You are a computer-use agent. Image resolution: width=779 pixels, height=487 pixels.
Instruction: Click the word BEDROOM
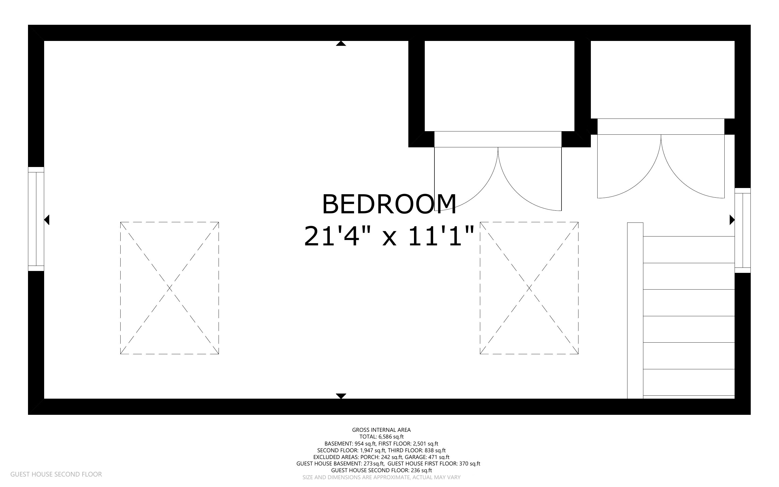coord(389,204)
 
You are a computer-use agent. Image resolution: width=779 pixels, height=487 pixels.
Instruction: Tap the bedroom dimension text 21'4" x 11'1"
coord(389,236)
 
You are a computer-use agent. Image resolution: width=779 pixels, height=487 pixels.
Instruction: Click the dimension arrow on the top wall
coord(341,43)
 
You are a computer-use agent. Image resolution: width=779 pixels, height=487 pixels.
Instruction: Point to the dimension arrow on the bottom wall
coord(341,396)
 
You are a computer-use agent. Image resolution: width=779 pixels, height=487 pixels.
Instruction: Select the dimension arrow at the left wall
coord(46,220)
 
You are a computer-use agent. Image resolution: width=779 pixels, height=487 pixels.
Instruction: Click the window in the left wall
coord(36,219)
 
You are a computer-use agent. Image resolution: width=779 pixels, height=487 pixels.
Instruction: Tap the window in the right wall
coord(743,230)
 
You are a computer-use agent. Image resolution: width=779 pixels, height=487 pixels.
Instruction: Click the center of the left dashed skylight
coord(170,288)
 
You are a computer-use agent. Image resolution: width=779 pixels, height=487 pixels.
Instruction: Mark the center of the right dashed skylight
coord(529,288)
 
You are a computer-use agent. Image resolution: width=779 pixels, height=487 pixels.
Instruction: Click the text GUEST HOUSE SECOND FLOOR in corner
coord(56,474)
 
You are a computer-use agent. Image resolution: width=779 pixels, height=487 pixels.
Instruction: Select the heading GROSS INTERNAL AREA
coord(381,430)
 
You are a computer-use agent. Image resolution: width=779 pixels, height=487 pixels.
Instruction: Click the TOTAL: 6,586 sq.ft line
coord(381,437)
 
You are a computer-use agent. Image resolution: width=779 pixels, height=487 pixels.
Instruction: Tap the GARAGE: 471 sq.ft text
coord(427,457)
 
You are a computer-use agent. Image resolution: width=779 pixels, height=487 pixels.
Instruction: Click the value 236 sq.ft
coord(422,470)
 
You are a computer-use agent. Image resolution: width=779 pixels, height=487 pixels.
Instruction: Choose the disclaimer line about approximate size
coord(381,477)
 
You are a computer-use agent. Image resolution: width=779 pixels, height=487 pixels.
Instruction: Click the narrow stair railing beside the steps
coord(635,311)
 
